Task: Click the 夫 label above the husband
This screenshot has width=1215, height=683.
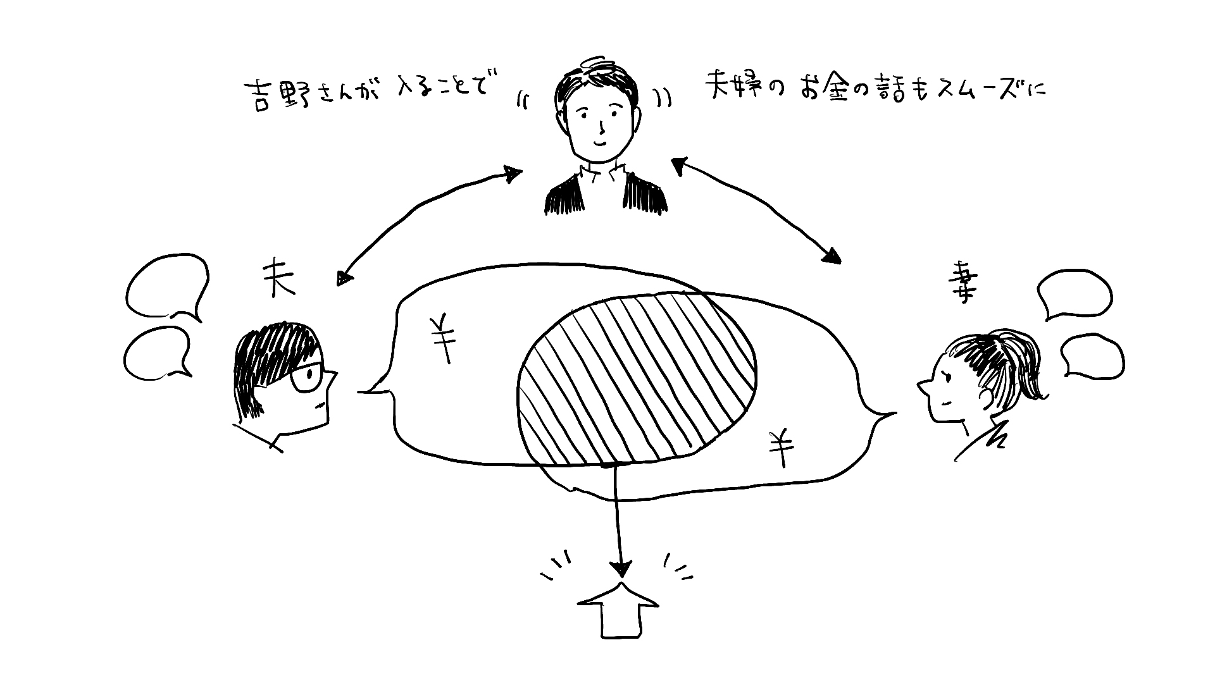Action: tap(279, 279)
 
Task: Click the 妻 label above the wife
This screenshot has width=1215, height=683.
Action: tap(963, 285)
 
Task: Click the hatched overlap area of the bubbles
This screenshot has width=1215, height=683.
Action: tap(636, 379)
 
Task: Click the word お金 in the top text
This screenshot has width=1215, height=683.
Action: tap(822, 90)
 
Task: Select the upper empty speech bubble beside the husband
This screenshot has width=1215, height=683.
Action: tap(167, 286)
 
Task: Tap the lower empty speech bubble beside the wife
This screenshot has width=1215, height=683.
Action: tap(1090, 357)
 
